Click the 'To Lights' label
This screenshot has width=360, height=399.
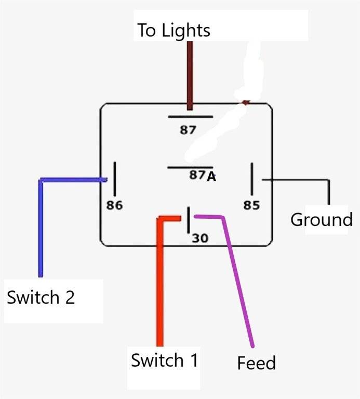[174, 30]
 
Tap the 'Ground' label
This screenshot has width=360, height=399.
[321, 219]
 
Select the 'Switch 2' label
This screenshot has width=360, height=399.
[41, 297]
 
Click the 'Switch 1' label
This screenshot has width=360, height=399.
[164, 360]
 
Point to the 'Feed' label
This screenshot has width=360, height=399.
[256, 363]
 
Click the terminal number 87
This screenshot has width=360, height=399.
[188, 130]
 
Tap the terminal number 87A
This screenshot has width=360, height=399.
[203, 176]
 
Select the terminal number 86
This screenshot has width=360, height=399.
[114, 205]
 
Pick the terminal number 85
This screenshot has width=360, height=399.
[251, 205]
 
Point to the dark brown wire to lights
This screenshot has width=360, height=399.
[190, 73]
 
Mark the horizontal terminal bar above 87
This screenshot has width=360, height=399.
[190, 117]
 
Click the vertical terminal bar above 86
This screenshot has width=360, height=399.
[114, 178]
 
